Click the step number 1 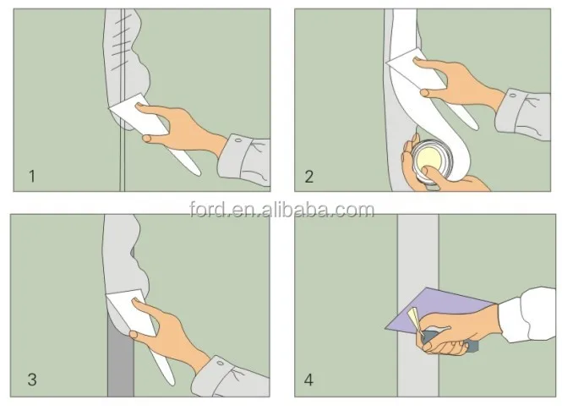[32, 176]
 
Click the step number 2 [309, 177]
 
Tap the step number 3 [32, 380]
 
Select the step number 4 [308, 380]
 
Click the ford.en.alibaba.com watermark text [281, 210]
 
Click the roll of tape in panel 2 [432, 161]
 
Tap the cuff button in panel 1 [237, 140]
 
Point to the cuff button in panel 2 [513, 96]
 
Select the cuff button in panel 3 [221, 364]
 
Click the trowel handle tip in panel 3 [172, 382]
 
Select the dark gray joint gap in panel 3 [121, 359]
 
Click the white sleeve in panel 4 [528, 315]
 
